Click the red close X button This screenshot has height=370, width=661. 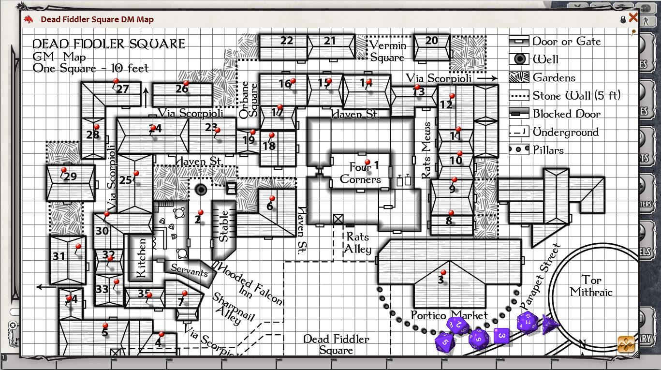633,18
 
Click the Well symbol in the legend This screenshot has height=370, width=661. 519,59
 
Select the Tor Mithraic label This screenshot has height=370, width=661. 590,286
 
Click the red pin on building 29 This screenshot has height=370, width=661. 64,170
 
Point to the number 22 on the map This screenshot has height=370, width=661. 287,41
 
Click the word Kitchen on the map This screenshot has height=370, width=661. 141,258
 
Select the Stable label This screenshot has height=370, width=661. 224,225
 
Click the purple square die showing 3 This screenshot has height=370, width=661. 502,335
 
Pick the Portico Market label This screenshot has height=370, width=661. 449,315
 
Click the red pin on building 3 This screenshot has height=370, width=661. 443,273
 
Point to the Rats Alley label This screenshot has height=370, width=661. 358,243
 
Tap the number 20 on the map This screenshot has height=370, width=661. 431,41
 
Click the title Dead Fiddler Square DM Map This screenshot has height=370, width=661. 97,19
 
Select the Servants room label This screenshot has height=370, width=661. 189,271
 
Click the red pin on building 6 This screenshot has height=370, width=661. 272,198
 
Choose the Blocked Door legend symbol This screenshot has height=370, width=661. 519,114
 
